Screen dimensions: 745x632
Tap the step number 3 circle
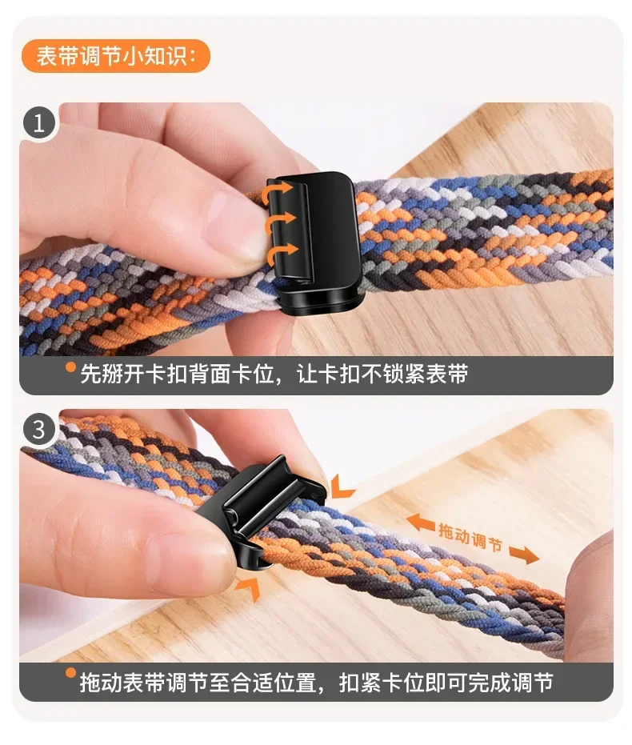click(38, 430)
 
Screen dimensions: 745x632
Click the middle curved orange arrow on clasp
click(278, 222)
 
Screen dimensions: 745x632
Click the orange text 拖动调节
click(470, 536)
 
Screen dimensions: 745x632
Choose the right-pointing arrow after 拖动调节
click(523, 554)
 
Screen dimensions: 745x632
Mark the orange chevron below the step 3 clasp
click(247, 588)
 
